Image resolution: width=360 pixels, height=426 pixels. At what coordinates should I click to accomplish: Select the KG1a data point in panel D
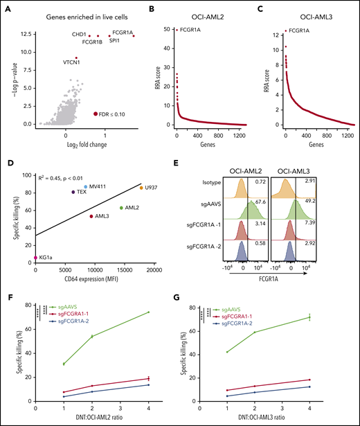[35, 258]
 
